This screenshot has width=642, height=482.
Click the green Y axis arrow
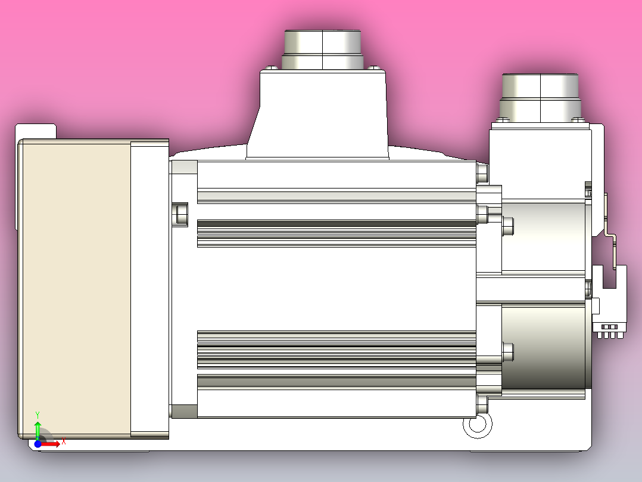pyautogui.click(x=38, y=428)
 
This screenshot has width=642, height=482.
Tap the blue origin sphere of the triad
pyautogui.click(x=38, y=443)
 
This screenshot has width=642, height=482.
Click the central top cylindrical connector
pyautogui.click(x=322, y=49)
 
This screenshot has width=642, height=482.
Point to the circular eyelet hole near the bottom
pyautogui.click(x=477, y=424)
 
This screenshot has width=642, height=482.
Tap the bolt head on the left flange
pyautogui.click(x=180, y=214)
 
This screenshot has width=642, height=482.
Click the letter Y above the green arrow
pyautogui.click(x=38, y=414)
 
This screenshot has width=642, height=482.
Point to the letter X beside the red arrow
pyautogui.click(x=63, y=442)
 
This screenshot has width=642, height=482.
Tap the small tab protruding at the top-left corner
pyautogui.click(x=36, y=131)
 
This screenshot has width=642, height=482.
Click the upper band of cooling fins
pyautogui.click(x=336, y=233)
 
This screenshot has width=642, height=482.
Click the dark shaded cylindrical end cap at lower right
pyautogui.click(x=545, y=346)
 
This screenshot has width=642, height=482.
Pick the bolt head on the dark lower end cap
pyautogui.click(x=508, y=351)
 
